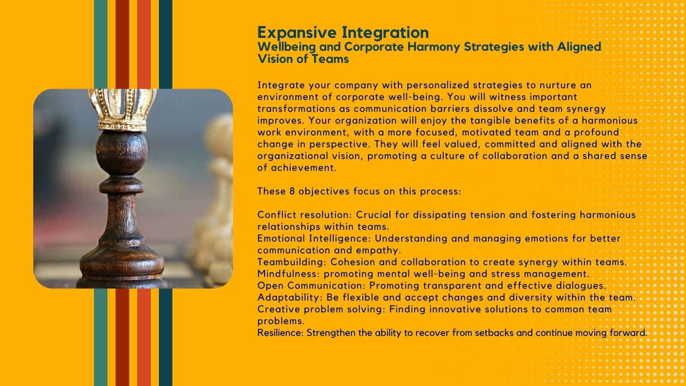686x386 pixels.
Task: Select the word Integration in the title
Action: (x=385, y=33)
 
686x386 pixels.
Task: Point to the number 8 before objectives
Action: (x=292, y=191)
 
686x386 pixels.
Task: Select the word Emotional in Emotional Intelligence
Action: (x=281, y=238)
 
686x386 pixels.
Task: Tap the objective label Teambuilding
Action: (x=292, y=262)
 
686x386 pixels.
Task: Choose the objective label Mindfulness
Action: (x=289, y=274)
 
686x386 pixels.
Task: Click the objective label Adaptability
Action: (x=290, y=298)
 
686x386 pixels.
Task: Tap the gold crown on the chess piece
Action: (x=123, y=110)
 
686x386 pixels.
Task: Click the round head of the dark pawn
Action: (x=122, y=152)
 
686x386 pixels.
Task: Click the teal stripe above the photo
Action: (x=100, y=45)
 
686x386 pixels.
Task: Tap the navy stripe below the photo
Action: (x=165, y=337)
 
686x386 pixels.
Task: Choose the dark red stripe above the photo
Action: (x=122, y=45)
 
